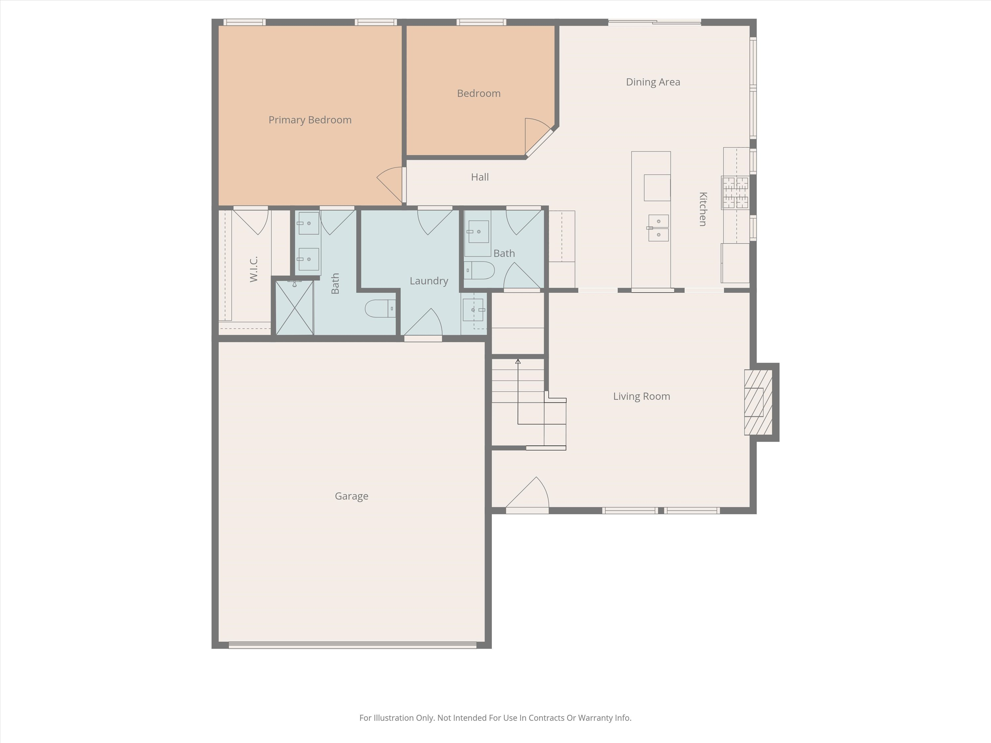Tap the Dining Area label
pyautogui.click(x=653, y=82)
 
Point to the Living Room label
pyautogui.click(x=641, y=396)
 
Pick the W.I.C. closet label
pyautogui.click(x=254, y=269)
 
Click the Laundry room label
pyautogui.click(x=428, y=281)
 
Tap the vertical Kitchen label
pyautogui.click(x=703, y=209)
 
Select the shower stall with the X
pyautogui.click(x=294, y=308)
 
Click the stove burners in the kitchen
pyautogui.click(x=735, y=193)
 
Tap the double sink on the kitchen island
pyautogui.click(x=658, y=228)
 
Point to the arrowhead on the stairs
pyautogui.click(x=518, y=361)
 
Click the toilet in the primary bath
pyautogui.click(x=380, y=308)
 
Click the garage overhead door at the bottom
pyautogui.click(x=352, y=645)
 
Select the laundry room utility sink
pyautogui.click(x=473, y=310)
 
